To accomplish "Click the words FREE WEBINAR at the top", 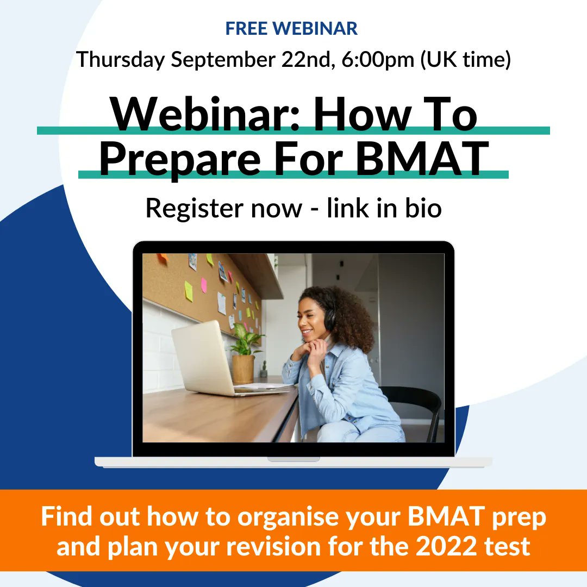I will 291,29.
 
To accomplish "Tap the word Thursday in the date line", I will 120,59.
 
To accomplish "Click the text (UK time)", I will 465,59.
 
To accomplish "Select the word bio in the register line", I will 421,208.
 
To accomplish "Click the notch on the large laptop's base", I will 293,459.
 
